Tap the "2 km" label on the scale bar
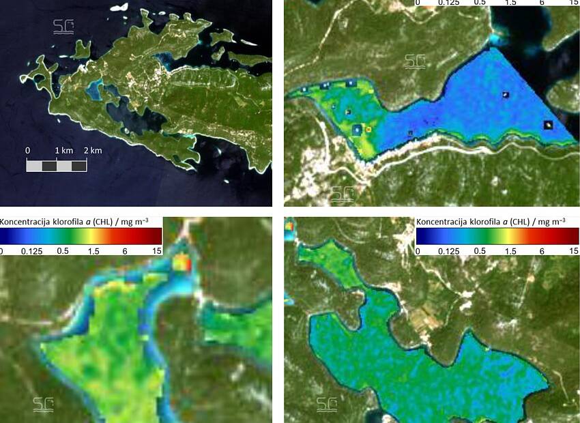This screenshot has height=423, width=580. (93, 150)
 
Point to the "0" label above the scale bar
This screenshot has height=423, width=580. (27, 150)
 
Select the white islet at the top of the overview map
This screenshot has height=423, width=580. (120, 8)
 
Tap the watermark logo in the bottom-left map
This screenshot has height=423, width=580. (42, 404)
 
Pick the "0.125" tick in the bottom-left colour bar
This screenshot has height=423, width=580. (32, 251)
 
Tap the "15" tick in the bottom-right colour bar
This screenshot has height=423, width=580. (572, 251)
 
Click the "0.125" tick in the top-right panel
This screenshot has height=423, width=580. (448, 3)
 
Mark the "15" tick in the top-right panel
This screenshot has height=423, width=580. (572, 3)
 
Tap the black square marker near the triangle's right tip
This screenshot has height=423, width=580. (549, 125)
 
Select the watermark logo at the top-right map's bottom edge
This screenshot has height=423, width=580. (342, 194)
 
